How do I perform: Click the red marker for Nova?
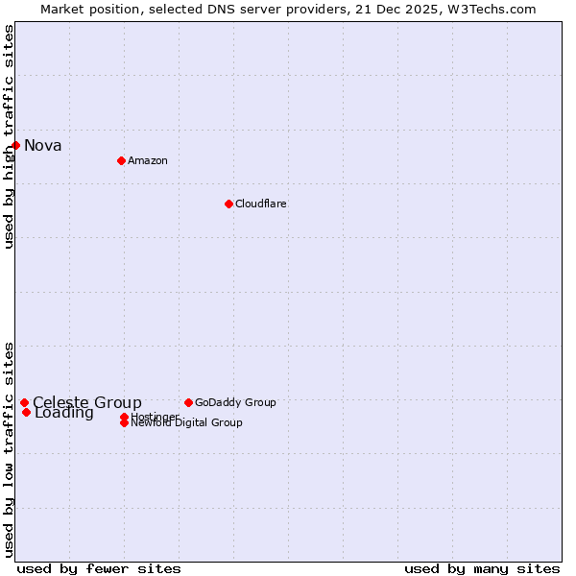16,145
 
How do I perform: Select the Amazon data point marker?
121,160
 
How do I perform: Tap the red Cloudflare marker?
228,204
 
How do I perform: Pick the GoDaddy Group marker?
188,402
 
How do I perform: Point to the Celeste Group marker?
24,403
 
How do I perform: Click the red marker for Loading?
26,413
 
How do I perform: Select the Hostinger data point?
124,417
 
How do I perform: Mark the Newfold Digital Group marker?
124,422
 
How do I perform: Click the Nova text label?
43,146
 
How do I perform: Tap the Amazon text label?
148,160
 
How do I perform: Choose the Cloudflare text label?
261,204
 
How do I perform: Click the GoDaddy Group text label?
235,402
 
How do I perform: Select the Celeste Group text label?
87,403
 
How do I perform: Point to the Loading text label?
64,414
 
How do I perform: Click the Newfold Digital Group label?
187,423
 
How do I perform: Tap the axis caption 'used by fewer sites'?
99,568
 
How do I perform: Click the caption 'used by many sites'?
482,568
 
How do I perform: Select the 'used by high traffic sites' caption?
10,136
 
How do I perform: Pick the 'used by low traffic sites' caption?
10,449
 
